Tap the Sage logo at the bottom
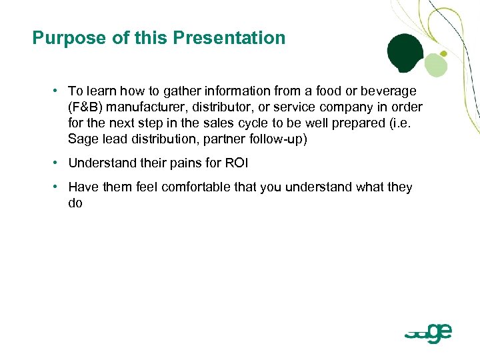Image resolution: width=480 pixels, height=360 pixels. [429, 331]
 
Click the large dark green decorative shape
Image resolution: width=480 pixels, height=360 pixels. [405, 53]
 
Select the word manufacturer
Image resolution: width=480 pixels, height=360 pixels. [139, 107]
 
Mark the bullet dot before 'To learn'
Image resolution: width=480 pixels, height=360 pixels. [59, 91]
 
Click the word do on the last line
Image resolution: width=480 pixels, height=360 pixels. [75, 203]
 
